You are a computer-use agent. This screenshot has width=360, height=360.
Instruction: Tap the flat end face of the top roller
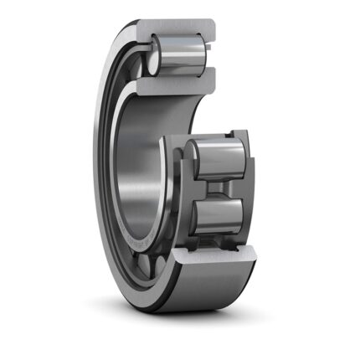coord(156,55)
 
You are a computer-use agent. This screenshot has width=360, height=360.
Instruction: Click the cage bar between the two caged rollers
coord(219,188)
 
